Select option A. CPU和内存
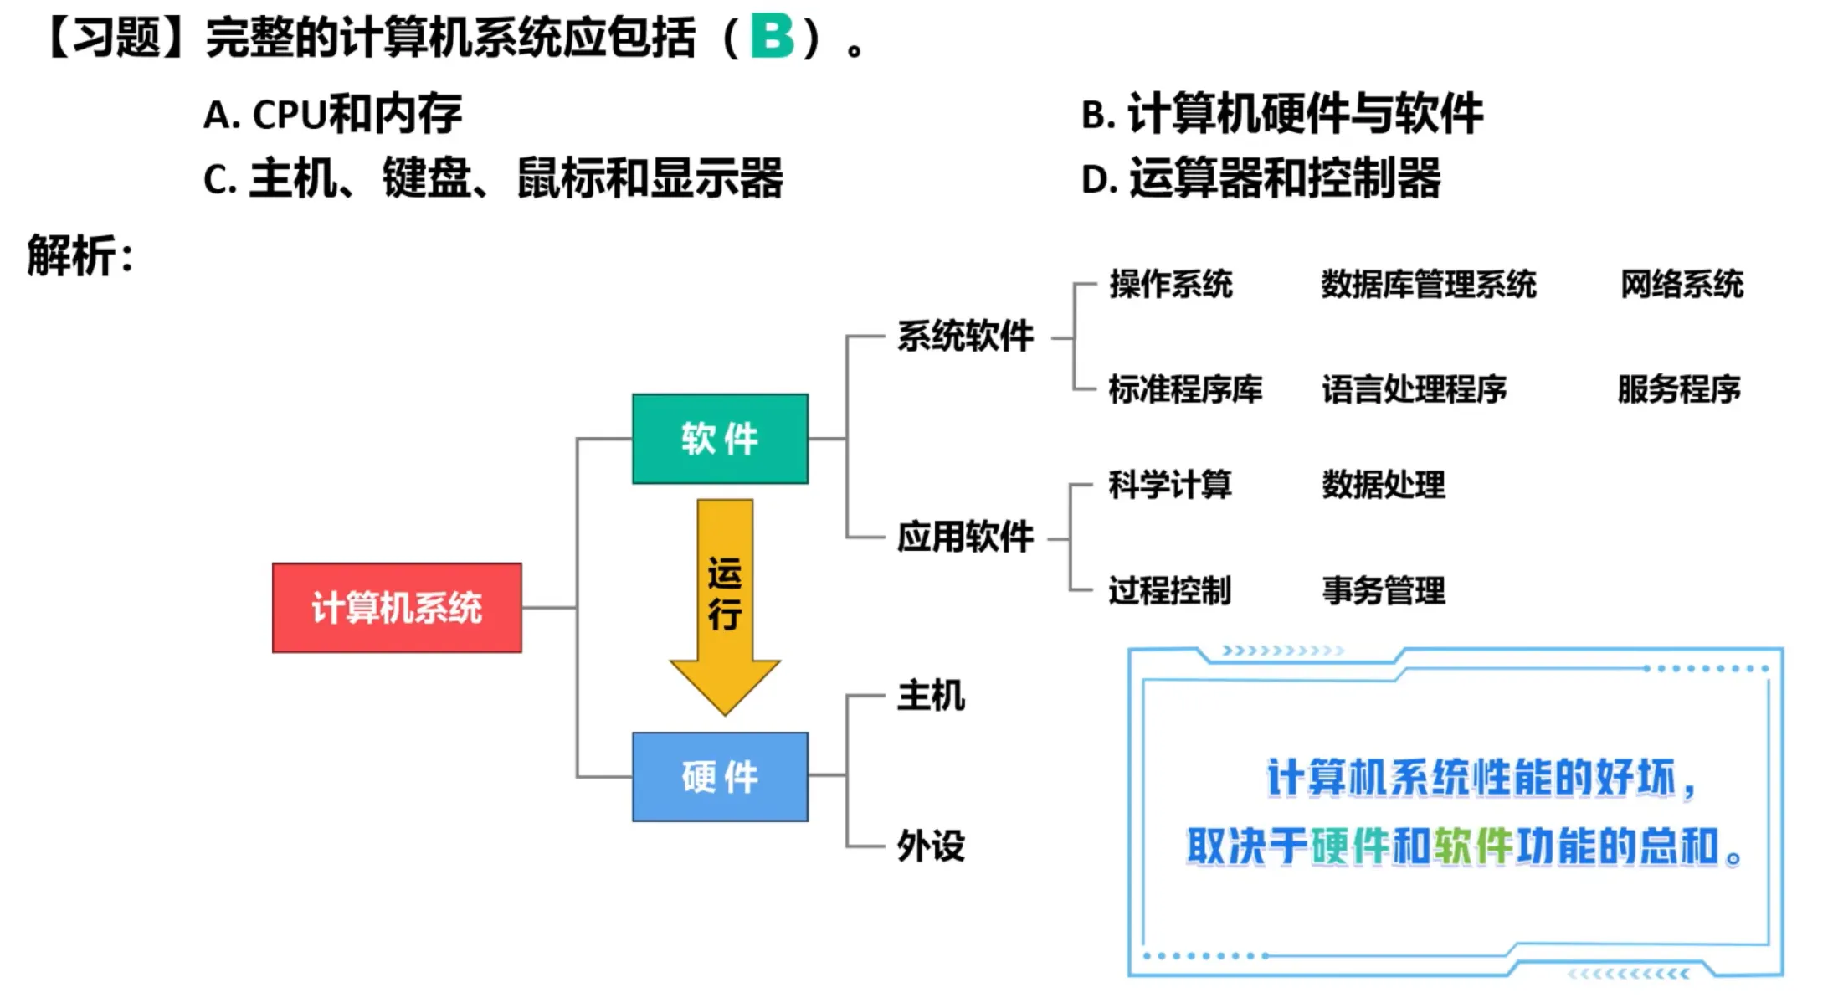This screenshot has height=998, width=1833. (332, 115)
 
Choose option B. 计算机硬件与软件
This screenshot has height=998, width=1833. (1281, 114)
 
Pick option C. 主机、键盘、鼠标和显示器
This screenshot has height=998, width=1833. (493, 178)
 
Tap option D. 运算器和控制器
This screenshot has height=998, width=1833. (1261, 178)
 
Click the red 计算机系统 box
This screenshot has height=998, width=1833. (397, 608)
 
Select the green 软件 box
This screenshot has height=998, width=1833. (720, 439)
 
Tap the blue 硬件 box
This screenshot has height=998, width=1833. (720, 777)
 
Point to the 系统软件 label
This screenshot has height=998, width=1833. (965, 337)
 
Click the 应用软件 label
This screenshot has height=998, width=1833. (965, 537)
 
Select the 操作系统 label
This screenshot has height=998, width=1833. (1170, 285)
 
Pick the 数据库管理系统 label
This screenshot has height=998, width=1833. (1428, 285)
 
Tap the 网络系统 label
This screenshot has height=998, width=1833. (1682, 285)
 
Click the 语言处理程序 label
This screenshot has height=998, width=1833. (1414, 389)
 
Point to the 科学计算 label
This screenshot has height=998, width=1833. (1169, 485)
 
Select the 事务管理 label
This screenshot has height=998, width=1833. (1383, 590)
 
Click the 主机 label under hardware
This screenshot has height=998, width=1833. (931, 696)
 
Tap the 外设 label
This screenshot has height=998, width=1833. (931, 846)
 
